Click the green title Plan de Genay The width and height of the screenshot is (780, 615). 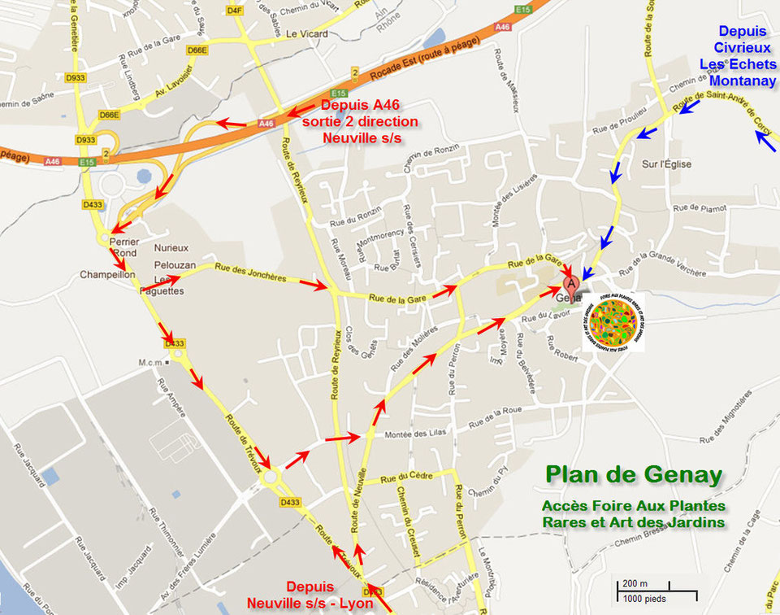point(634,474)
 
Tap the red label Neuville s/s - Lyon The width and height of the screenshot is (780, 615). point(310,603)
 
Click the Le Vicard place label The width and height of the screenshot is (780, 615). point(307,34)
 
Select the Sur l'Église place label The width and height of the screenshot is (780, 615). point(666,164)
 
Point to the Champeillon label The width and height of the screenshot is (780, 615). point(107,275)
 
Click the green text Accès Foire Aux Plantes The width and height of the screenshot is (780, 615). point(634,506)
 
